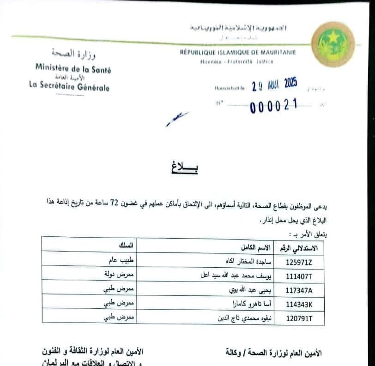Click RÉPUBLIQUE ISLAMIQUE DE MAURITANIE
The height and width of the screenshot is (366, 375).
(238, 52)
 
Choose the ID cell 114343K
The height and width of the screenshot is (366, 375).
(300, 305)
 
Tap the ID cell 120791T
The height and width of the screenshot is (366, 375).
(300, 319)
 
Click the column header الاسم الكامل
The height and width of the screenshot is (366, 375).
(251, 247)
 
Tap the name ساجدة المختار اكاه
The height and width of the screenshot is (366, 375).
(245, 261)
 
